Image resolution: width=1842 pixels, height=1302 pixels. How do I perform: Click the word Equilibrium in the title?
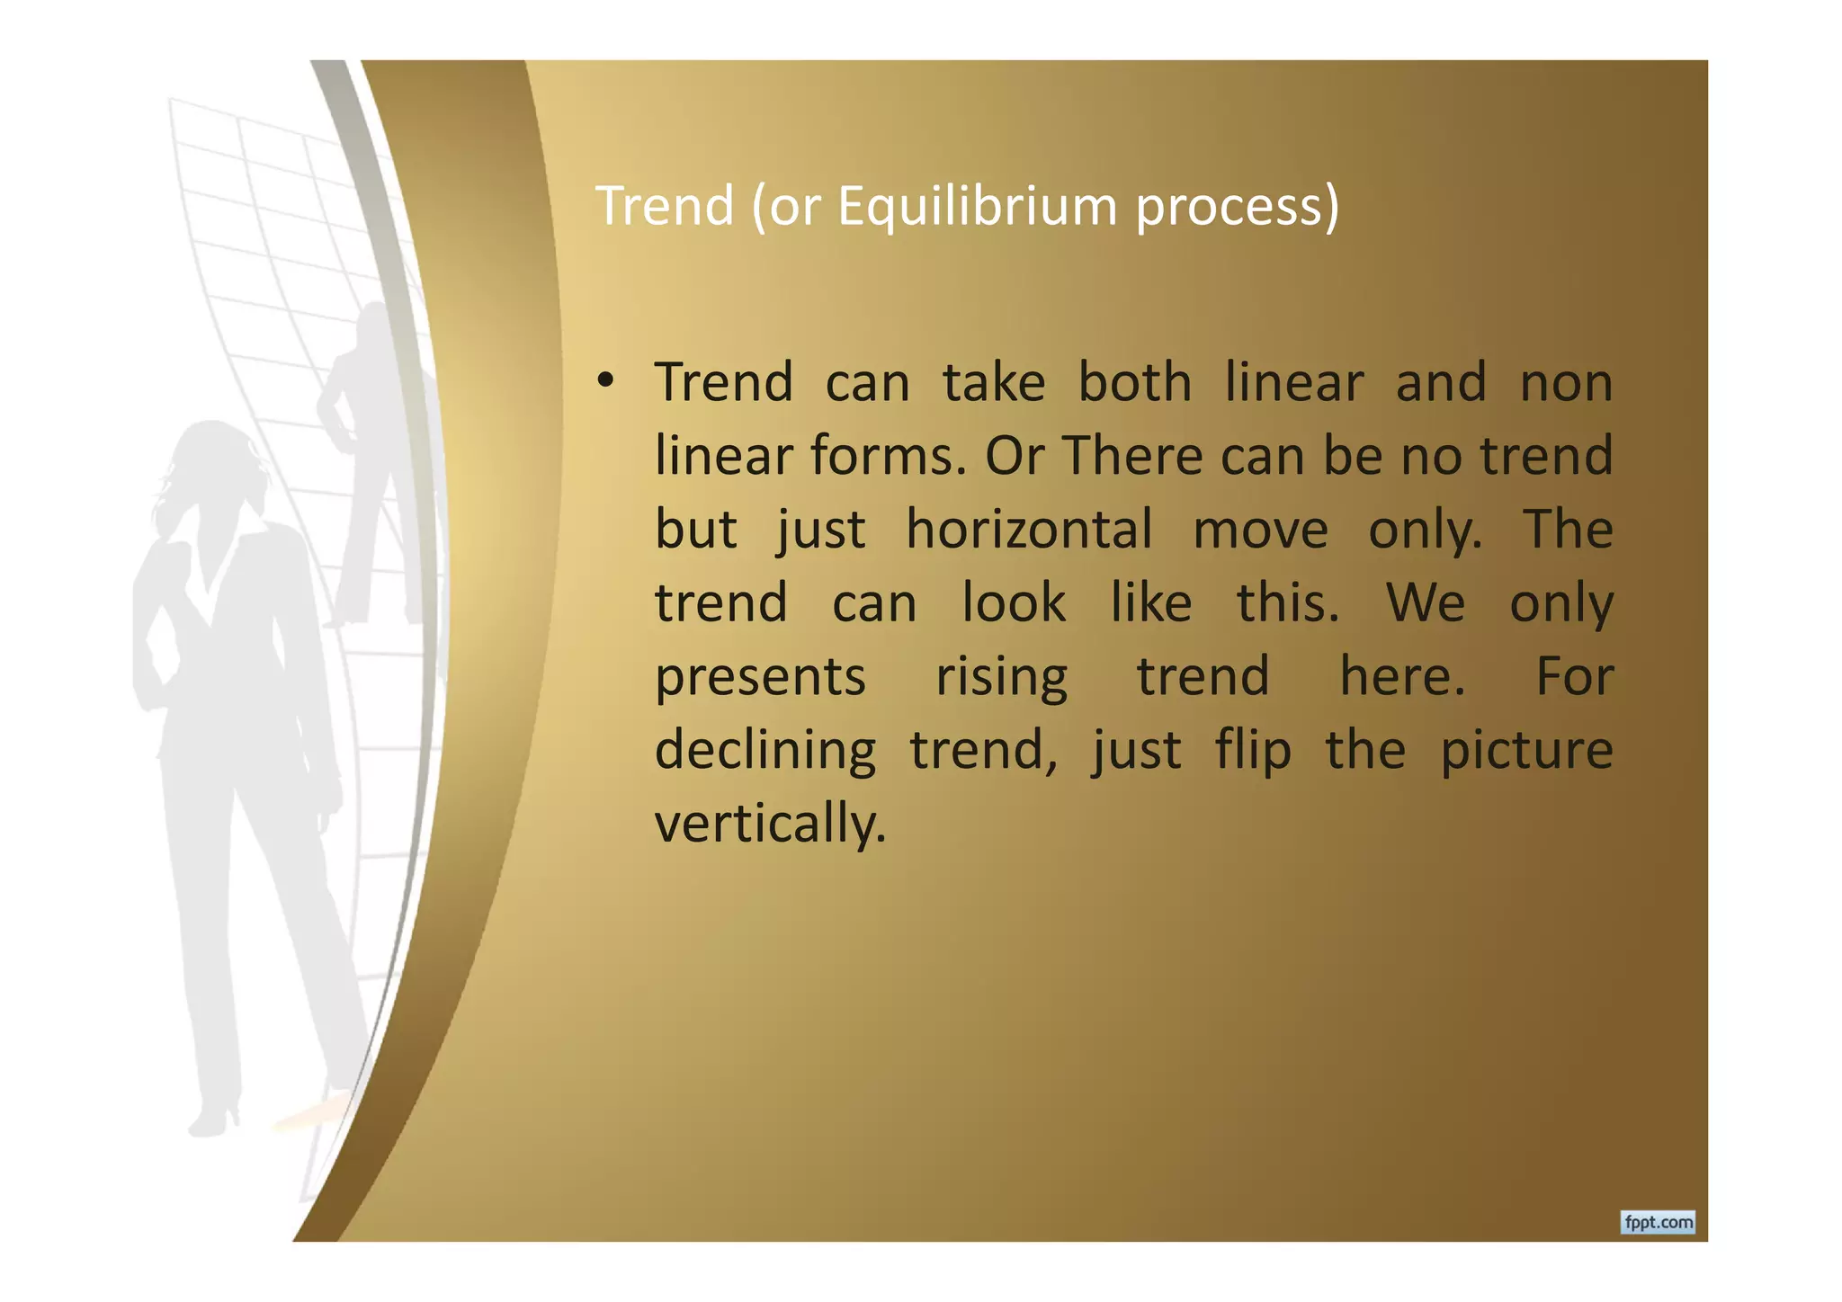[977, 207]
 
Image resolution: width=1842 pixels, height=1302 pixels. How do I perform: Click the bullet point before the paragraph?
[605, 381]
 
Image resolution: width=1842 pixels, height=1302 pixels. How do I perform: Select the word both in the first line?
[1135, 382]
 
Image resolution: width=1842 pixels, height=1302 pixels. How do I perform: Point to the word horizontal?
[1028, 529]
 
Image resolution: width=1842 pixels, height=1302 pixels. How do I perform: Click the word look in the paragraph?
[1014, 602]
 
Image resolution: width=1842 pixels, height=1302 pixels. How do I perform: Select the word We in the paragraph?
[1426, 602]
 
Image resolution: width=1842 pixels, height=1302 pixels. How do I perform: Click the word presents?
[760, 677]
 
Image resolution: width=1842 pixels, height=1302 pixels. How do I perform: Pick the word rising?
[1002, 677]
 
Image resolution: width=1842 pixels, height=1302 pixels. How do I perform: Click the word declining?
[765, 750]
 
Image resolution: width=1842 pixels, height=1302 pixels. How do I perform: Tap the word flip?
[1253, 750]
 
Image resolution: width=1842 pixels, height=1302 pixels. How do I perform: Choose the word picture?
[1526, 750]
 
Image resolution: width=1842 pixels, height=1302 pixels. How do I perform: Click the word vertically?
[770, 824]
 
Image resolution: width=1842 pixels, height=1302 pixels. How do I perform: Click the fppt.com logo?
[1658, 1222]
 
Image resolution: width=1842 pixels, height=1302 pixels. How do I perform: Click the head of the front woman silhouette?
[214, 468]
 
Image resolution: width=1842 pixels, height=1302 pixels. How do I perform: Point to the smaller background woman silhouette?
[369, 450]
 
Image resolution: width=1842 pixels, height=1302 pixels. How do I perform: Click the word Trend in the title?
[665, 207]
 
